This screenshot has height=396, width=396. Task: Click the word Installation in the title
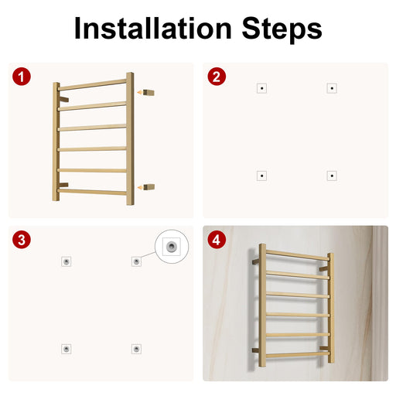coord(153,28)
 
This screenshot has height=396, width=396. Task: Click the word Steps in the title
coord(282,30)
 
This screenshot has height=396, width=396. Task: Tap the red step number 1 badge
coord(22,77)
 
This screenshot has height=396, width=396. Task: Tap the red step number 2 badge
coord(217,77)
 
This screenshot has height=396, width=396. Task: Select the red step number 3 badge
coord(22,240)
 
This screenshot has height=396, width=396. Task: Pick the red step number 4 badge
coord(217,240)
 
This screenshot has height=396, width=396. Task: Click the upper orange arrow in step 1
coord(140,92)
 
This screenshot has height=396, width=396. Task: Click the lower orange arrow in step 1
coord(140,187)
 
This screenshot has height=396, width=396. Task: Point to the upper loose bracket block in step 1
coord(148,92)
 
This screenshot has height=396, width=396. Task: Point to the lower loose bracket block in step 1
coord(148,187)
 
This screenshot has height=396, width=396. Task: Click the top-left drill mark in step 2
coord(262,88)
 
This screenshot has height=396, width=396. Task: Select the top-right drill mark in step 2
coord(332,88)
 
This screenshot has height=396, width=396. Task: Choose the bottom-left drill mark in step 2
coord(262,176)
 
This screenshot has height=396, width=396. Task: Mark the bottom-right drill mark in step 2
coord(332,176)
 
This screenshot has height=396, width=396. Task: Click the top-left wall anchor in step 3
coord(67,261)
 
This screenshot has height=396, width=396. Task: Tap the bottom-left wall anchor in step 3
coord(67,349)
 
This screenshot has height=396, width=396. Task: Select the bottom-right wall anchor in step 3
coord(136,349)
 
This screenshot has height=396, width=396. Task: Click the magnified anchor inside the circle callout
coord(172,247)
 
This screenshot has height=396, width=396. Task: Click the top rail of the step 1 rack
coord(92,85)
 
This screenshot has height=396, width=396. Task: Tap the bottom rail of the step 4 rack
coord(298,355)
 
